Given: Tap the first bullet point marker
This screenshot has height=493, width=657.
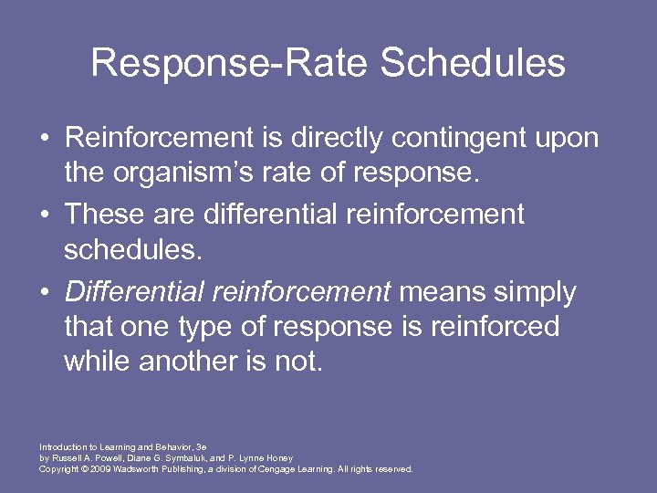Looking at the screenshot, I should pyautogui.click(x=44, y=139).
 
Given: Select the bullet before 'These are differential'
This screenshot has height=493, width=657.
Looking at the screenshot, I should pyautogui.click(x=44, y=215).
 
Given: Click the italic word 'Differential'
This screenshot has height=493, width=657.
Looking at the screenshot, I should pyautogui.click(x=134, y=293).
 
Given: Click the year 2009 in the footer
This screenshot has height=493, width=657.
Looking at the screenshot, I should pyautogui.click(x=99, y=468).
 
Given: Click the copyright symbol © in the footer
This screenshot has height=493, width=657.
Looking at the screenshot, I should pyautogui.click(x=81, y=468).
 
